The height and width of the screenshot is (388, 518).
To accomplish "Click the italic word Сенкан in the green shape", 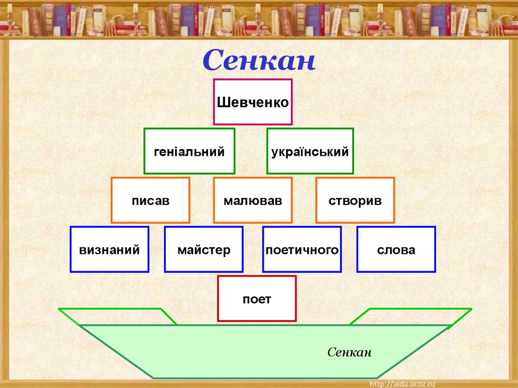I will point(349,352).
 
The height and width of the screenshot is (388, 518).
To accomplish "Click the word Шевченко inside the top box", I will point(252,103).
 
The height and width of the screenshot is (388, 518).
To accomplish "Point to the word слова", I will point(396,250).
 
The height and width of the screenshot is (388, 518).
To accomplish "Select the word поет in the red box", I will point(256,299).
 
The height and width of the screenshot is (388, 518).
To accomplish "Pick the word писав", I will point(150,201).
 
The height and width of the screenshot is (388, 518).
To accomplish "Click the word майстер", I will point(204,250).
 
